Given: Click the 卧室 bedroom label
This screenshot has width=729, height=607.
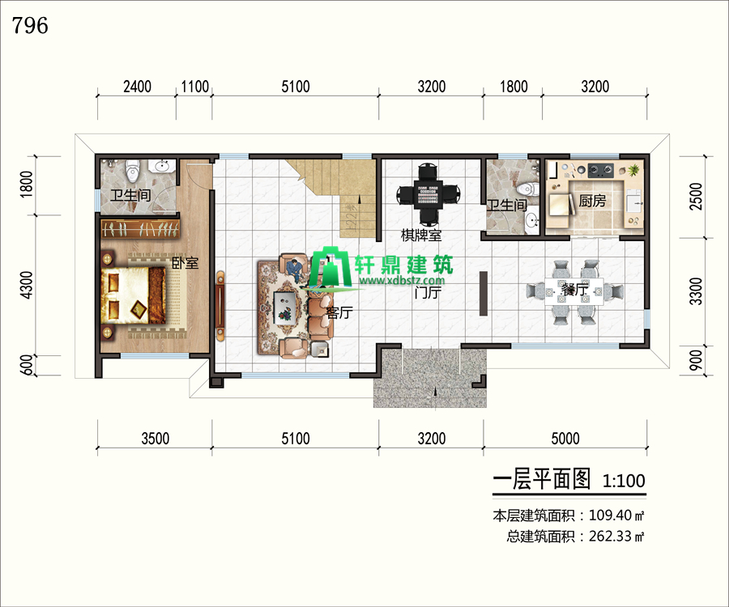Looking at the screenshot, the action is point(185,263).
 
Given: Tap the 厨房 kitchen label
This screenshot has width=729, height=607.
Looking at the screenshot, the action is point(592,201).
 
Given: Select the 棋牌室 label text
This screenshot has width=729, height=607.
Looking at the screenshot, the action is point(421,235).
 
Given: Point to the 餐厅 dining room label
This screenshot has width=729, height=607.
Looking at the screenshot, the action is point(574,289).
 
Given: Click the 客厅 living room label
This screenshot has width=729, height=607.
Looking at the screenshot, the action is point(339,312).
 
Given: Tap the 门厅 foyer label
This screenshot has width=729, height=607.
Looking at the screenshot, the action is point(428,292).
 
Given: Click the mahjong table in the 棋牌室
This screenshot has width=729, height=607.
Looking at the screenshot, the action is point(428,193).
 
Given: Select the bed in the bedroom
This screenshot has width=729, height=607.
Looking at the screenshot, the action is point(133,295).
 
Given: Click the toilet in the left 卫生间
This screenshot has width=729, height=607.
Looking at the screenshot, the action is point(133,171).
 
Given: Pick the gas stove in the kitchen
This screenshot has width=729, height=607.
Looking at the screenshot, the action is point(601,171).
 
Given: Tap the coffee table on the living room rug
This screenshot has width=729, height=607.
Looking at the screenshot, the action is point(284,308).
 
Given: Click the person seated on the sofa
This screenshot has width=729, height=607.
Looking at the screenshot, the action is point(294,270).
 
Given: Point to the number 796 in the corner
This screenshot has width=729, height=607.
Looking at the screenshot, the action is point(30,25).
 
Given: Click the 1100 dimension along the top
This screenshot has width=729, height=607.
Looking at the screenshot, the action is point(194,87).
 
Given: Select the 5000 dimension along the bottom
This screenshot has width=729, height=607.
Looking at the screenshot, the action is point(565,438).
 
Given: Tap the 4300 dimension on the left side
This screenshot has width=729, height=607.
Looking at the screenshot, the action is point(27,285).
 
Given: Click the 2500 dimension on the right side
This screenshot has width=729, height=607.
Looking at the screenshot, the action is point(696,197).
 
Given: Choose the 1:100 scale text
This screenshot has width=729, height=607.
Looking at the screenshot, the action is point(624,481).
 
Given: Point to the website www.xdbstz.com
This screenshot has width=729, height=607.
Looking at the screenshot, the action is point(402,281).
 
